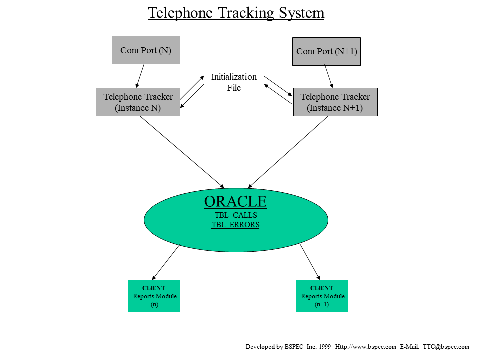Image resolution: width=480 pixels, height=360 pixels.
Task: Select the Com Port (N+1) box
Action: pos(326,51)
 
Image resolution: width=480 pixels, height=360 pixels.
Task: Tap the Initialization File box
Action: pos(234,82)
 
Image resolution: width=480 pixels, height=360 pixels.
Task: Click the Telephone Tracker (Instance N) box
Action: pos(138,102)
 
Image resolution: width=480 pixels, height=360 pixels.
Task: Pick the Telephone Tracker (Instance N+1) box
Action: pos(335,102)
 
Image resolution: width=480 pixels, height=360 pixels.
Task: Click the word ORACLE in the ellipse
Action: pos(235,202)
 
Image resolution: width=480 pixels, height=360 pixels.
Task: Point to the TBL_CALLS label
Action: pos(236,215)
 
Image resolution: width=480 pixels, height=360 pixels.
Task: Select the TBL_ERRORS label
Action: pos(236,225)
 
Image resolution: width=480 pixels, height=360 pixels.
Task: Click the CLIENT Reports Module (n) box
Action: pos(154,296)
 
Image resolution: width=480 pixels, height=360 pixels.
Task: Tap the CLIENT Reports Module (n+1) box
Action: pos(322,296)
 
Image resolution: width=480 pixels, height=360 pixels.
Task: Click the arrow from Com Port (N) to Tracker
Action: pos(140,76)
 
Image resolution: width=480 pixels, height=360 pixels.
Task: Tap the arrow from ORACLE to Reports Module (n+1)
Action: pos(310,262)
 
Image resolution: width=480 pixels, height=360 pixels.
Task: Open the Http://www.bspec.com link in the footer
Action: pos(365,347)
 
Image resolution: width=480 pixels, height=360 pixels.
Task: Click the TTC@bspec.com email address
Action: pos(446,347)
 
